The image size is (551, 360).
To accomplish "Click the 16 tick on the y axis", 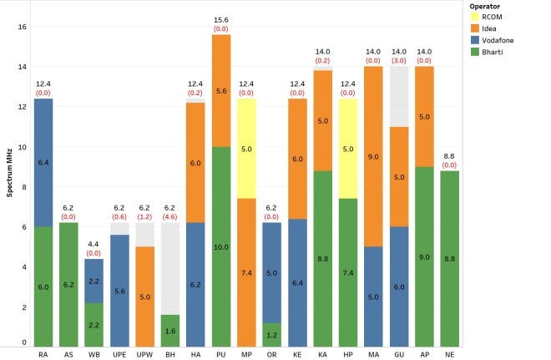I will pos(23,27).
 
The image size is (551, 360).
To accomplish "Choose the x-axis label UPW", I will pos(145,355).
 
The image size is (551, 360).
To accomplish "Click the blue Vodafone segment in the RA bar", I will pos(43,163).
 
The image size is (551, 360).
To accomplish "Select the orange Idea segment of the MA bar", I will pos(376,156).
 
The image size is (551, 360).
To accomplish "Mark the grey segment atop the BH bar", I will pos(171,269).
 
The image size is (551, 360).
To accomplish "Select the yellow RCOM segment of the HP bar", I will pos(350,149).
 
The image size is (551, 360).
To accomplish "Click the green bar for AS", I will pos(69,285).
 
